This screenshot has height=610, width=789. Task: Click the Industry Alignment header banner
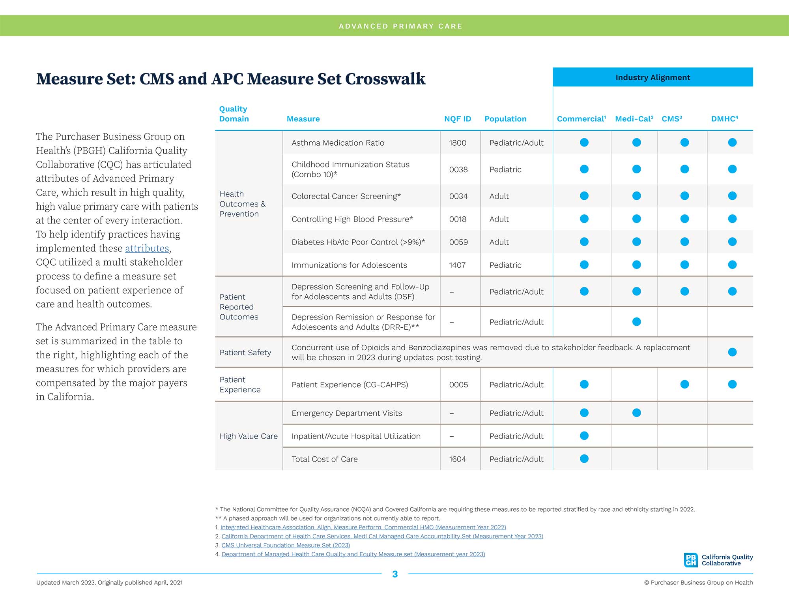tap(653, 77)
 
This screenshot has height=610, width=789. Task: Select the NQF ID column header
tap(458, 119)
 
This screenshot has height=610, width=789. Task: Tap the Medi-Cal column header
tap(634, 119)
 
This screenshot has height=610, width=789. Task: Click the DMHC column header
tap(724, 119)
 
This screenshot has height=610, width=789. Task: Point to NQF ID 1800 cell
tap(458, 143)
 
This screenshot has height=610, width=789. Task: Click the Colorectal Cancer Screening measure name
tap(346, 196)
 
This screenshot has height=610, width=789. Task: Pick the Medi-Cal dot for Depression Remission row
tap(636, 322)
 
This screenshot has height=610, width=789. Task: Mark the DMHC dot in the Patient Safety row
tap(732, 352)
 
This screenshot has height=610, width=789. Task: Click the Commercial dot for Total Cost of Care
tap(584, 459)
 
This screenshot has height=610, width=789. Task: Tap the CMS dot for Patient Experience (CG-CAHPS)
tap(684, 385)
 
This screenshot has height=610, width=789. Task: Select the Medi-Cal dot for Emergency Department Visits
tap(636, 413)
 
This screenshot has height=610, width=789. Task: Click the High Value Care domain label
tap(249, 436)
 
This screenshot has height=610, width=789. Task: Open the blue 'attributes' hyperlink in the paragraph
tap(147, 248)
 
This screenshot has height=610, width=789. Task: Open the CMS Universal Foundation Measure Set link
tap(286, 545)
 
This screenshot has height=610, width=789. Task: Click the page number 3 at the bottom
tap(395, 574)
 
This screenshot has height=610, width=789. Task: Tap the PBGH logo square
tap(691, 560)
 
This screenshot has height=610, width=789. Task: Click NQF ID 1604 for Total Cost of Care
tap(458, 459)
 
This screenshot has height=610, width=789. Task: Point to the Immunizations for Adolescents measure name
tap(349, 265)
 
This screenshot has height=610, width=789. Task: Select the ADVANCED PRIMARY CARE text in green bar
tap(400, 26)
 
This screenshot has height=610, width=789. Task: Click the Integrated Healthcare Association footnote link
tap(363, 527)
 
